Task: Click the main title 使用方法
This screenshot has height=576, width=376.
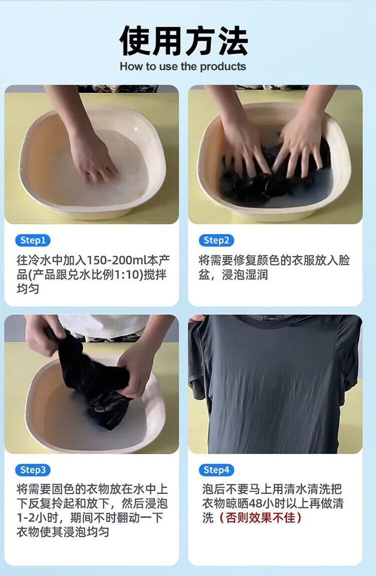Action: pos(183,41)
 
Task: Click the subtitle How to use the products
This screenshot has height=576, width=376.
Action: pos(182,67)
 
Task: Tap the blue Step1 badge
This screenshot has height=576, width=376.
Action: pos(33,240)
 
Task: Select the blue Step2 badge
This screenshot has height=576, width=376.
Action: pos(216,240)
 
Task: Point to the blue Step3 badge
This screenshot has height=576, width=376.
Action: pos(33,470)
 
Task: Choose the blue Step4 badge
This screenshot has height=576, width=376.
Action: pos(216,470)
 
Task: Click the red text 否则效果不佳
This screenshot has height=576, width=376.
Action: pos(260,517)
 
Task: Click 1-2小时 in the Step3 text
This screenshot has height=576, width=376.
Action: pos(37,517)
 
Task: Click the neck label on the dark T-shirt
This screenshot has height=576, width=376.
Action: pos(272,319)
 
